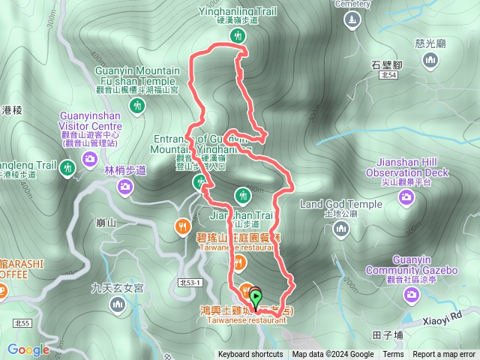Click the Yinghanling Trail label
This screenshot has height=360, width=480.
(x=238, y=11)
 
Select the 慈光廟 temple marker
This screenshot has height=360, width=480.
(x=430, y=61)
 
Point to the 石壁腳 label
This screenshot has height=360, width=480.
(x=388, y=64)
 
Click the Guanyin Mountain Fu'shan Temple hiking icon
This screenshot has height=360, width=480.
(x=136, y=105)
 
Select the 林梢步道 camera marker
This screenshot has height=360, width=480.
(x=125, y=185)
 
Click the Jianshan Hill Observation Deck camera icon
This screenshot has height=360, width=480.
(x=406, y=196)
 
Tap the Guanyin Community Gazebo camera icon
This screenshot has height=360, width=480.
(x=411, y=295)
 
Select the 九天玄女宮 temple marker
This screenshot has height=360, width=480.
(x=118, y=304)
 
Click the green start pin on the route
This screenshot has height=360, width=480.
(x=256, y=298)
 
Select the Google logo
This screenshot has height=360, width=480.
(x=28, y=349)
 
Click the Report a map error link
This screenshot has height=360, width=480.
(x=444, y=355)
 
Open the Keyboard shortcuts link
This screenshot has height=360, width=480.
(x=250, y=355)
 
